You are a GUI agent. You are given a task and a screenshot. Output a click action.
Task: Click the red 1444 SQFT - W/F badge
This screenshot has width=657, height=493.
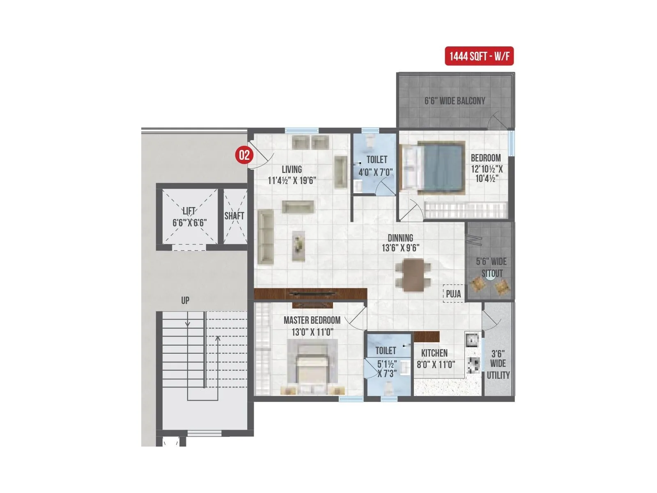479,56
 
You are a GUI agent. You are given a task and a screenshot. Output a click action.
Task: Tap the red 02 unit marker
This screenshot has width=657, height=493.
244,155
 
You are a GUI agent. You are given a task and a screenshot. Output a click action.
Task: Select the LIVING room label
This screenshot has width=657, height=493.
292,169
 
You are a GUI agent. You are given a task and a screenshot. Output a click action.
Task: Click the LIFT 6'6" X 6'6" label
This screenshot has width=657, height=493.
189,217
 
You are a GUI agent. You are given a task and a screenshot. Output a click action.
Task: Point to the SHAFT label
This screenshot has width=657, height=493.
234,216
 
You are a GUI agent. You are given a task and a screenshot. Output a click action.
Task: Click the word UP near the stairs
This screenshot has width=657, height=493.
185,301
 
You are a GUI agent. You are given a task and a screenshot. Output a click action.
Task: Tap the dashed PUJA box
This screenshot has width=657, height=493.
453,294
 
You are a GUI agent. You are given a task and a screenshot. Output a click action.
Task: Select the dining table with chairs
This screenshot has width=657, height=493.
413,275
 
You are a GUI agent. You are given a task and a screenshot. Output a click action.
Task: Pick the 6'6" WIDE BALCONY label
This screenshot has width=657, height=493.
455,101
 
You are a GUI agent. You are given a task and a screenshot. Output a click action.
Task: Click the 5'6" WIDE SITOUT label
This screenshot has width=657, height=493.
491,267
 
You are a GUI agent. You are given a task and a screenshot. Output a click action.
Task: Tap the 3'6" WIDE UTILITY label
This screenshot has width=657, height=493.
498,364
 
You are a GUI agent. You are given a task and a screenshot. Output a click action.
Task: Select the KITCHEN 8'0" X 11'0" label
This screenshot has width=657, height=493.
435,359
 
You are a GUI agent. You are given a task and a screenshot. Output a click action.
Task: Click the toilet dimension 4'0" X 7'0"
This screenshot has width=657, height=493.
375,172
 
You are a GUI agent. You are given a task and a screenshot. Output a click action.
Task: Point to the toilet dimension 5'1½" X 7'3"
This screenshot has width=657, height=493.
386,369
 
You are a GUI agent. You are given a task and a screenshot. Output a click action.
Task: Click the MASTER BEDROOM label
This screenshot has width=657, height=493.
312,320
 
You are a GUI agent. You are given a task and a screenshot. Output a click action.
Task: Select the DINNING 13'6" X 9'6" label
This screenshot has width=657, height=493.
400,243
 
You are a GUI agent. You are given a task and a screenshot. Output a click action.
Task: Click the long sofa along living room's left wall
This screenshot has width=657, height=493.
266,236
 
